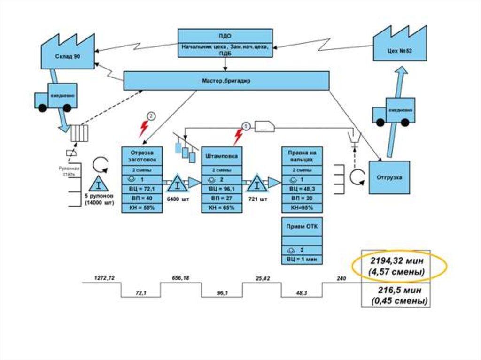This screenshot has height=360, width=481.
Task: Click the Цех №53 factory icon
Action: tap(401, 47)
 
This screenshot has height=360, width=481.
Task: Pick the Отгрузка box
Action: tap(388, 177)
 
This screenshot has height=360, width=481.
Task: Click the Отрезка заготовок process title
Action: tap(142, 156)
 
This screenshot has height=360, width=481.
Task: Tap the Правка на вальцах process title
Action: tap(302, 156)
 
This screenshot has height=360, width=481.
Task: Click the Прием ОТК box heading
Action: tap(302, 226)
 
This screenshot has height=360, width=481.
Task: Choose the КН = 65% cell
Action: tap(222, 207)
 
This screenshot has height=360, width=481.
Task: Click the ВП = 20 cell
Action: tap(302, 198)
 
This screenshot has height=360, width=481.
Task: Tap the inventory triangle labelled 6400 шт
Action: tap(177, 184)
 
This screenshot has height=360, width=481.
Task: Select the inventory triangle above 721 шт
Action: tap(257, 184)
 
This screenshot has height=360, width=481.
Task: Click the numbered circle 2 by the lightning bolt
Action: tap(151, 116)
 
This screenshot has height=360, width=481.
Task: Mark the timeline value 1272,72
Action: tap(104, 278)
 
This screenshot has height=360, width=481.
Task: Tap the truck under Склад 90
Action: tap(54, 98)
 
